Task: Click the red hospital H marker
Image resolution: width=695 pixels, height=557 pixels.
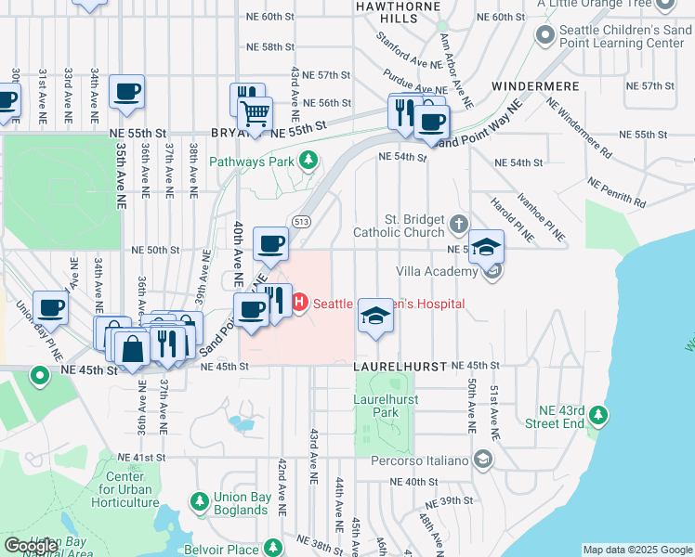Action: pyautogui.click(x=300, y=302)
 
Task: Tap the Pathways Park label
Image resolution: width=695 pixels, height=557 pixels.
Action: pyautogui.click(x=252, y=162)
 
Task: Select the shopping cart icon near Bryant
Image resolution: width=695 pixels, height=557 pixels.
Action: pyautogui.click(x=254, y=114)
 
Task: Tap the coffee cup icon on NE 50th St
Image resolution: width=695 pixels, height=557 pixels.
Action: pyautogui.click(x=270, y=244)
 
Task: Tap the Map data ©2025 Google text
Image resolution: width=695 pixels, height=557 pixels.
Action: pyautogui.click(x=637, y=550)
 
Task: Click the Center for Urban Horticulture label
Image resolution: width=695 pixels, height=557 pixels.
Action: pyautogui.click(x=127, y=490)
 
